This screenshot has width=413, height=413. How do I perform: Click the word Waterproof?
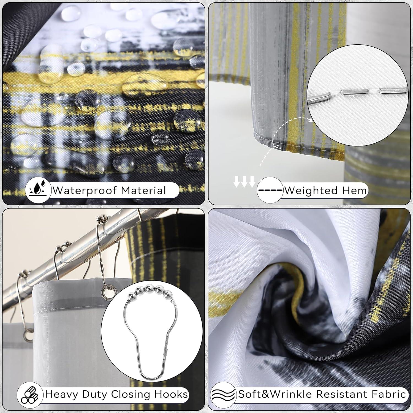point(85,191)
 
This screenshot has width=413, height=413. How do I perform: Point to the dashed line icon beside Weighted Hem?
point(270,190)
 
